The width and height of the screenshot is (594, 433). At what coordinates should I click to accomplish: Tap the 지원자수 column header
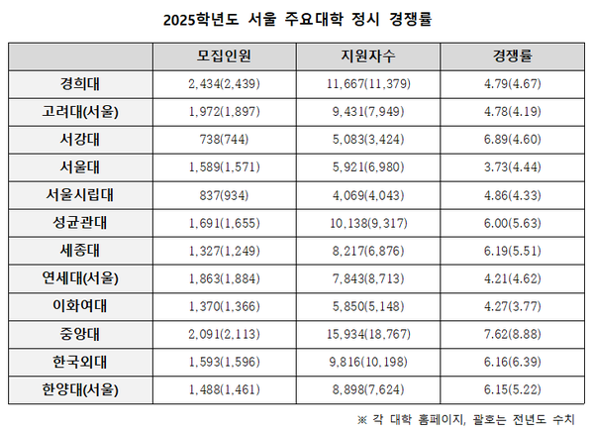click(x=367, y=56)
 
